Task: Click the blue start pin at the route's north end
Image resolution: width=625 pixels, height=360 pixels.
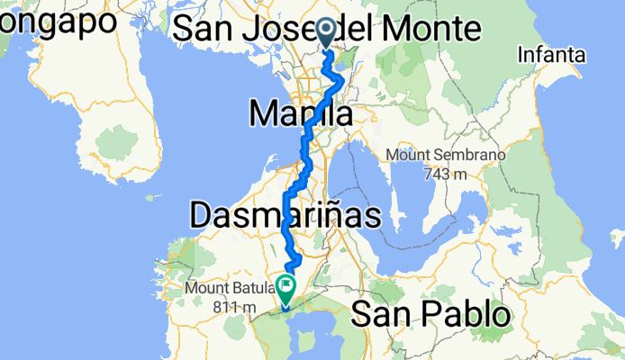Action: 326,33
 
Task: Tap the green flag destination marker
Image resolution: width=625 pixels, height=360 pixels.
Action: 286,289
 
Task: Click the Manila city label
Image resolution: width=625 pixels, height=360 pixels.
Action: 300,114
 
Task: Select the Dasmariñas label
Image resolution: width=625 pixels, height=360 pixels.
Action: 285,214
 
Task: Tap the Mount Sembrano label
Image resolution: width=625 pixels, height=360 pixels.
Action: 446,155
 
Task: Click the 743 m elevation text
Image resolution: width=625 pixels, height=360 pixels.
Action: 446,173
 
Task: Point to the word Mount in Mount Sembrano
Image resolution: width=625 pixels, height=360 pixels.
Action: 408,155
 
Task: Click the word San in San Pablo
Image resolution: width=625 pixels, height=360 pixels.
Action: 376,315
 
